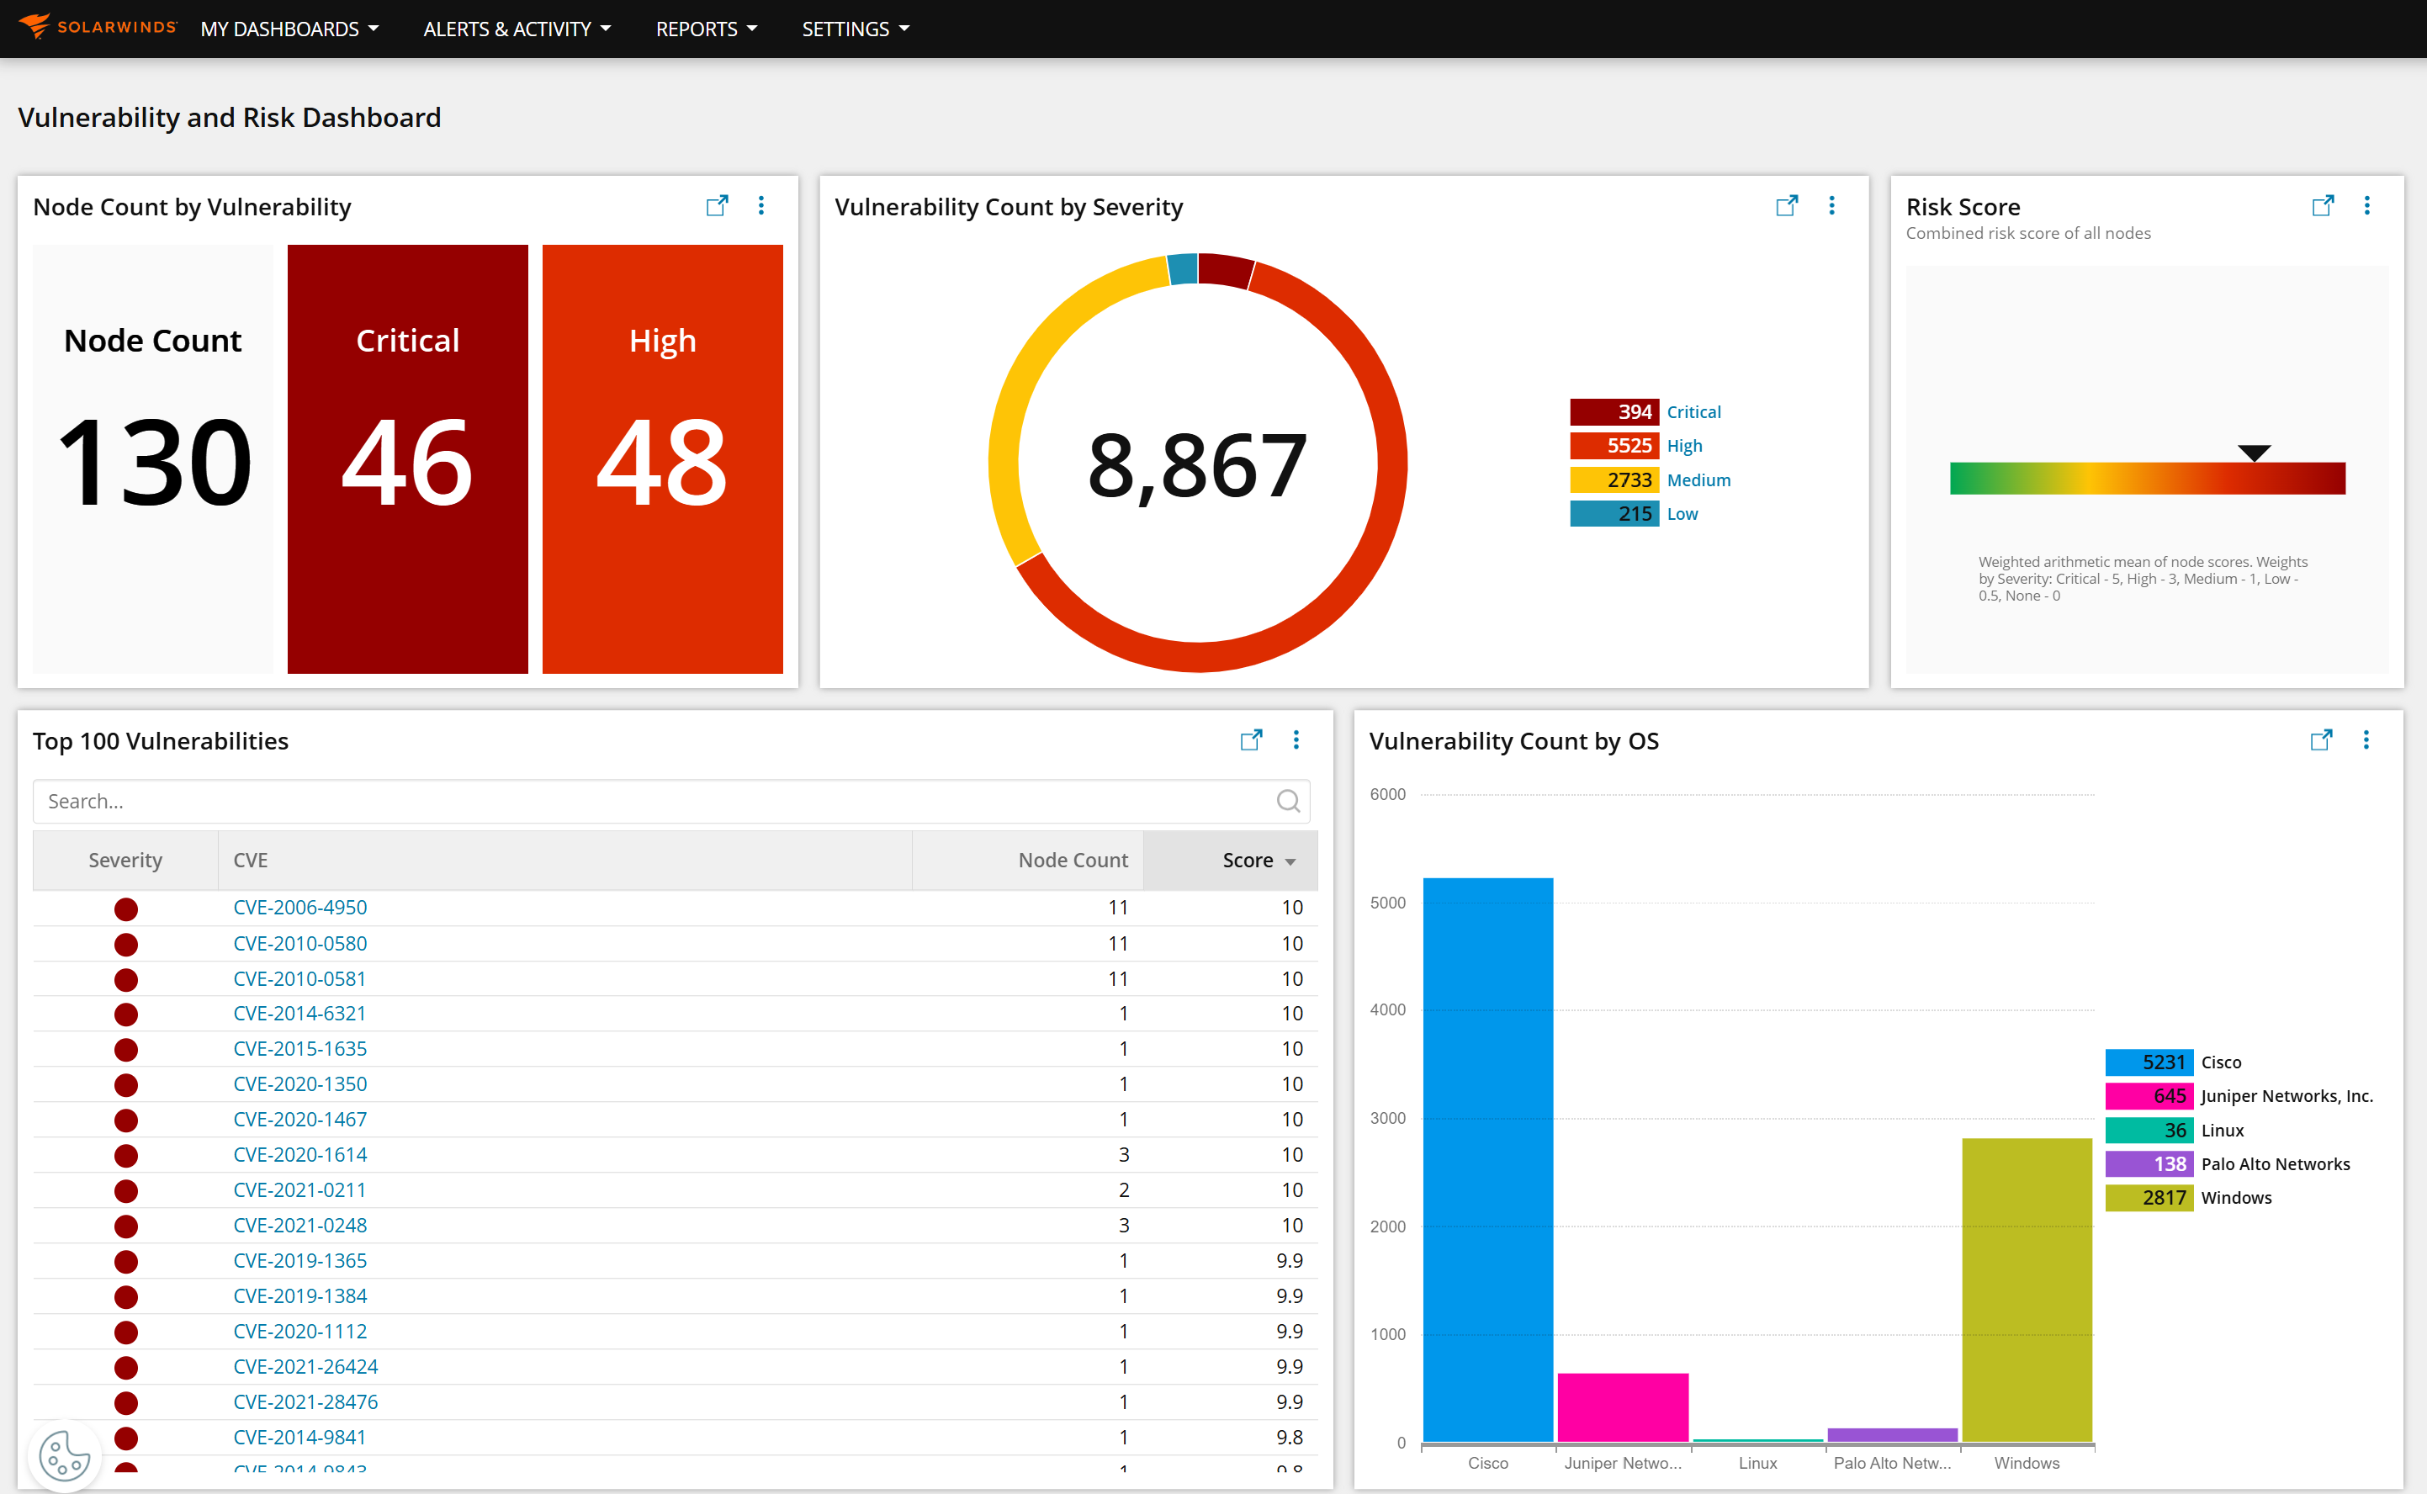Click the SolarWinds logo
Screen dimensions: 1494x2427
coord(97,27)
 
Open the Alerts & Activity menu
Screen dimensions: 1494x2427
coord(516,29)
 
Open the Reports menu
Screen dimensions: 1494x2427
coord(706,29)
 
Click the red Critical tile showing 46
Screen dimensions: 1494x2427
coord(407,458)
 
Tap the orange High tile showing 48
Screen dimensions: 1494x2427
coord(662,458)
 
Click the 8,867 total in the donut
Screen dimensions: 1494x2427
coord(1197,464)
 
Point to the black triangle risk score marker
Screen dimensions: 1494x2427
coord(2253,453)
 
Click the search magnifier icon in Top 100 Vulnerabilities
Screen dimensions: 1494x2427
coord(1288,802)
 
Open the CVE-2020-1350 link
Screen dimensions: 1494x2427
coord(299,1084)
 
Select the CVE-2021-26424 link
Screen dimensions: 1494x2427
coord(305,1366)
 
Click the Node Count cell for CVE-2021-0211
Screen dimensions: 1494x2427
coord(1124,1189)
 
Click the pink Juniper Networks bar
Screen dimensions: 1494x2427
coord(1623,1407)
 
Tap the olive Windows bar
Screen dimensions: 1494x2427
coord(2026,1290)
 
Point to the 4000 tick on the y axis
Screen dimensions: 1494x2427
coord(1387,1009)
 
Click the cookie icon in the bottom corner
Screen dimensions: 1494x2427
coord(64,1455)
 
